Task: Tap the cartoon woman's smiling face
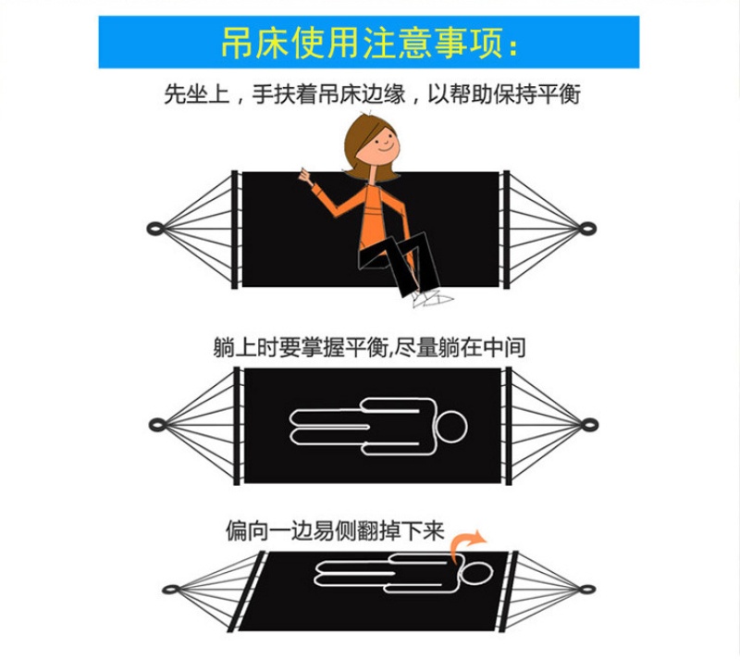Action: coord(380,144)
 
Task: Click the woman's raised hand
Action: coord(306,178)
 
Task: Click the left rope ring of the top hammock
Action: coord(155,230)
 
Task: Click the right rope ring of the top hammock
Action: coord(587,229)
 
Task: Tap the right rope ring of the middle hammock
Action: coord(590,425)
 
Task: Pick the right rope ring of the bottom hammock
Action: coord(587,590)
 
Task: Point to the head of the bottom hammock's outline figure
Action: coord(477,573)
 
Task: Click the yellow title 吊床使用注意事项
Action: coord(369,43)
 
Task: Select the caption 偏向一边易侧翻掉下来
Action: coord(335,530)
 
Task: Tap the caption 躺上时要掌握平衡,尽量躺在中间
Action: coord(369,347)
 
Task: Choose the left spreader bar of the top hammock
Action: coord(235,230)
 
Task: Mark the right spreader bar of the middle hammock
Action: coord(509,426)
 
